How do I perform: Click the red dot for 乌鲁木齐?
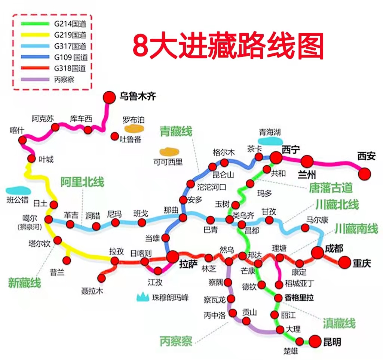tap(109, 97)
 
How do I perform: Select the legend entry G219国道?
tap(70, 35)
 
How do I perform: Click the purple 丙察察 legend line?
tap(35, 79)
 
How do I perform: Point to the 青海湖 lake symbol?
tap(270, 141)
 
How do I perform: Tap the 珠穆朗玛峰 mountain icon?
tap(143, 298)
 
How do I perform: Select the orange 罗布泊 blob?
tap(133, 129)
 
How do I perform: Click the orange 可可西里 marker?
tap(169, 152)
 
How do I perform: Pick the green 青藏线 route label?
tap(176, 131)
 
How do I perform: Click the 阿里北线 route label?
tap(82, 182)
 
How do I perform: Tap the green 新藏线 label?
tap(24, 283)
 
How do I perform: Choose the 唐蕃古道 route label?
tap(331, 187)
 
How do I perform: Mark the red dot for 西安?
tap(365, 173)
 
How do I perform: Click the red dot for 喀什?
tap(22, 140)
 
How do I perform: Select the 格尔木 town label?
tap(223, 153)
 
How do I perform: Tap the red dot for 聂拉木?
tap(101, 278)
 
